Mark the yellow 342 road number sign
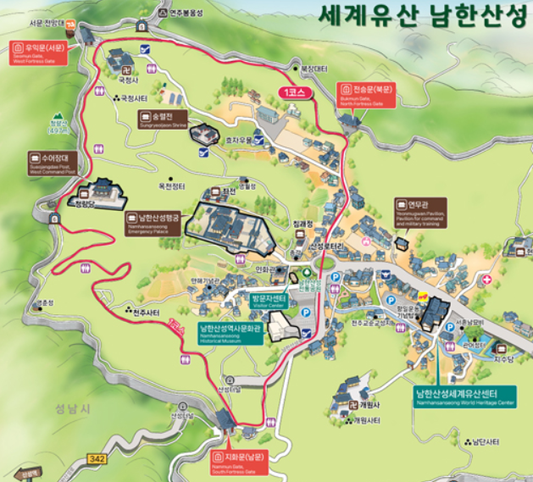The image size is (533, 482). point(98,458)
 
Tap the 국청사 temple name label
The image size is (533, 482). point(127,80)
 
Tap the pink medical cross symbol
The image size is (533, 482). point(486,278)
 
